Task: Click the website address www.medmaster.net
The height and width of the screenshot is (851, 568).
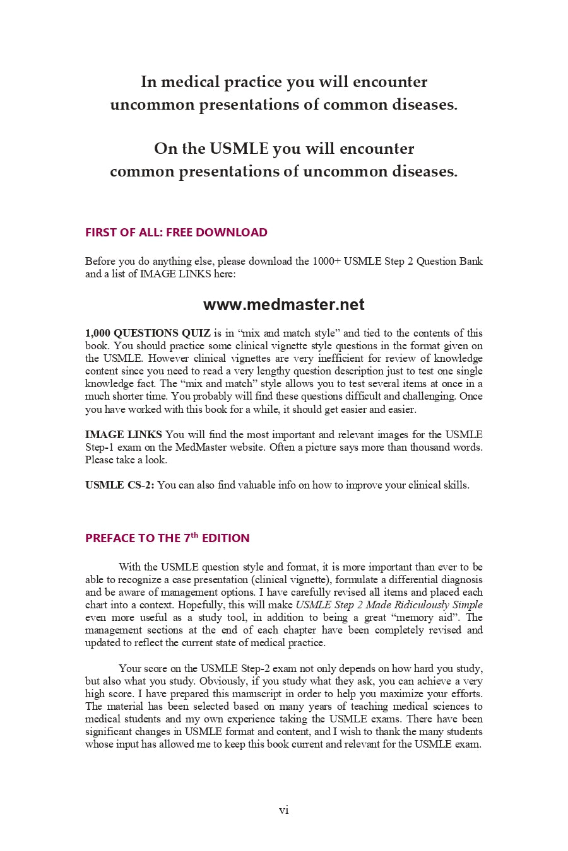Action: coord(283,305)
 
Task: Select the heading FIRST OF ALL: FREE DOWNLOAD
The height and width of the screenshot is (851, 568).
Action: coord(176,233)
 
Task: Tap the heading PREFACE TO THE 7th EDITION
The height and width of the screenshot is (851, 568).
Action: coord(167,538)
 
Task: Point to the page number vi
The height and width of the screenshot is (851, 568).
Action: coord(284,810)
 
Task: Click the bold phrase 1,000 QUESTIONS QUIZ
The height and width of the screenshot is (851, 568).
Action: coord(148,333)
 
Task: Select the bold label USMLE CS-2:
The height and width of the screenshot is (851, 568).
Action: coord(119,485)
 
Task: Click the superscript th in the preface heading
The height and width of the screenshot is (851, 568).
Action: coord(194,535)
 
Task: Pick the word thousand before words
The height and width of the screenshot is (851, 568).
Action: coord(432,448)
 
